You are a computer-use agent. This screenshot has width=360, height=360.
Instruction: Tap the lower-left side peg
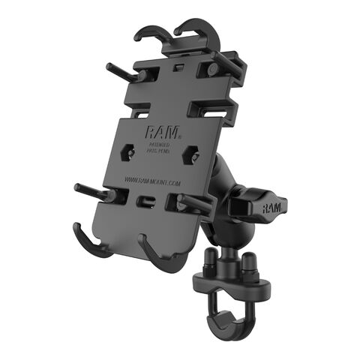94,190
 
